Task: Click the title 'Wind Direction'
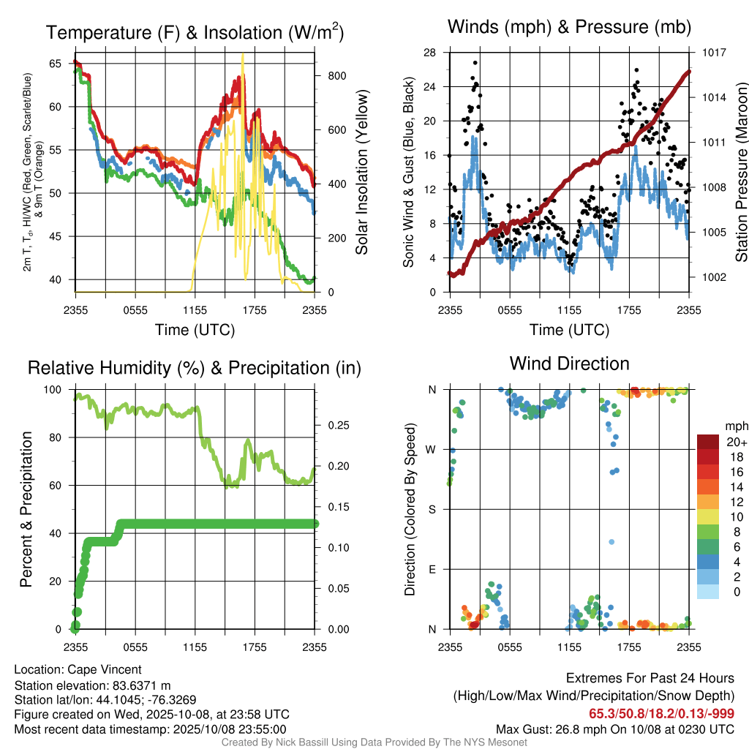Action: tap(569, 364)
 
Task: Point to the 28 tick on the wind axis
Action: tap(430, 53)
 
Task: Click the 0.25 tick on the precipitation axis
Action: tap(334, 425)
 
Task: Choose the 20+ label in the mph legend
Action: tap(737, 442)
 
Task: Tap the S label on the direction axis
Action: tap(432, 509)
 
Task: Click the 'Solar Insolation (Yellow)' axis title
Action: tap(361, 172)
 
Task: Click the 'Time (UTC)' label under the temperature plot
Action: tap(195, 330)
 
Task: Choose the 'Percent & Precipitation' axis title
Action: tap(26, 509)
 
